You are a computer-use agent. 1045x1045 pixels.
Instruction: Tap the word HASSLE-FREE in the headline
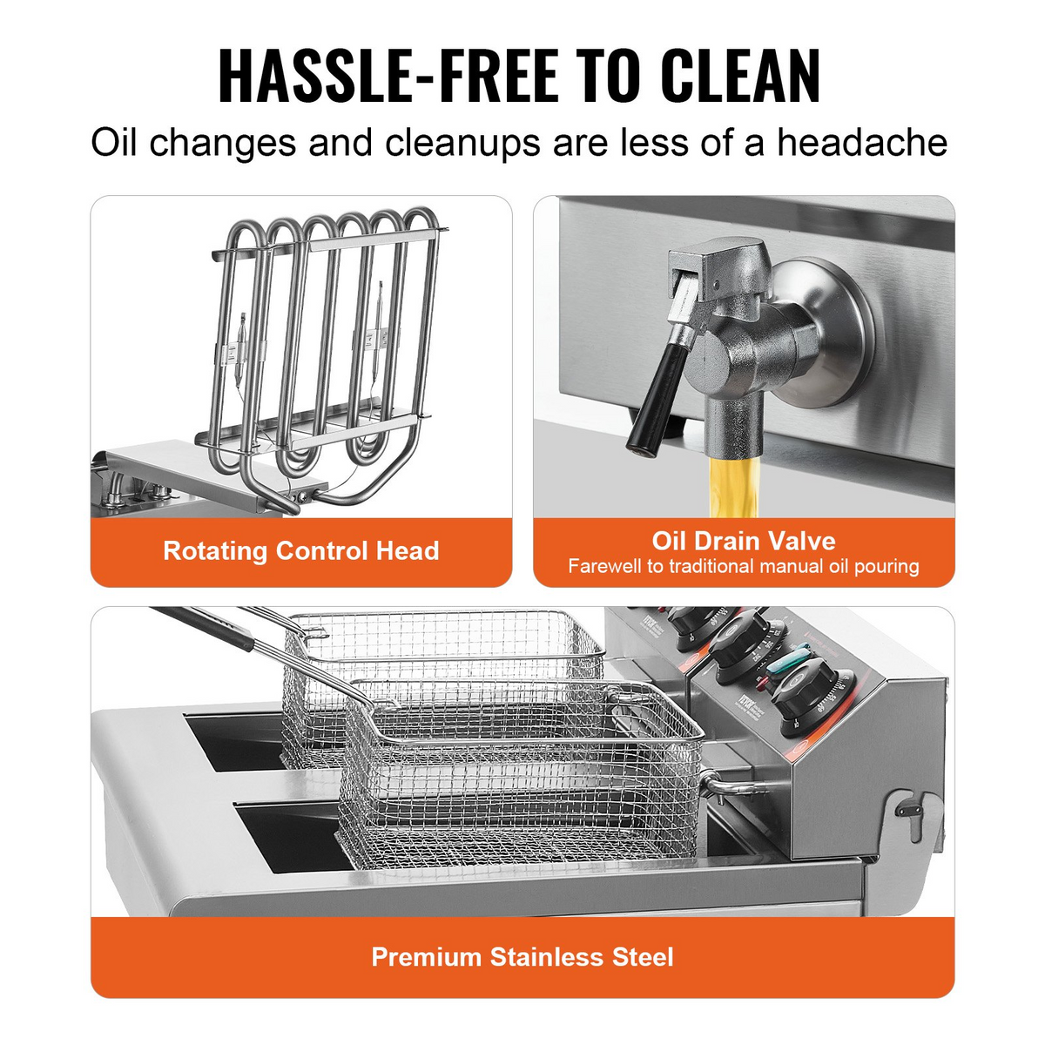click(x=388, y=77)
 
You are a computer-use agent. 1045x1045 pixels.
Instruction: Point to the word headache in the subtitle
click(x=862, y=143)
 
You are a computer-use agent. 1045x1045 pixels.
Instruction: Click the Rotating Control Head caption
click(x=301, y=551)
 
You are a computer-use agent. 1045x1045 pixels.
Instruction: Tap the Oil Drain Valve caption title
click(x=744, y=541)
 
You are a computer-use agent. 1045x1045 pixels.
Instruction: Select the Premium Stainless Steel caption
click(x=522, y=957)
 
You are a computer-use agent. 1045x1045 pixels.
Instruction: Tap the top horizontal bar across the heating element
click(x=329, y=243)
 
